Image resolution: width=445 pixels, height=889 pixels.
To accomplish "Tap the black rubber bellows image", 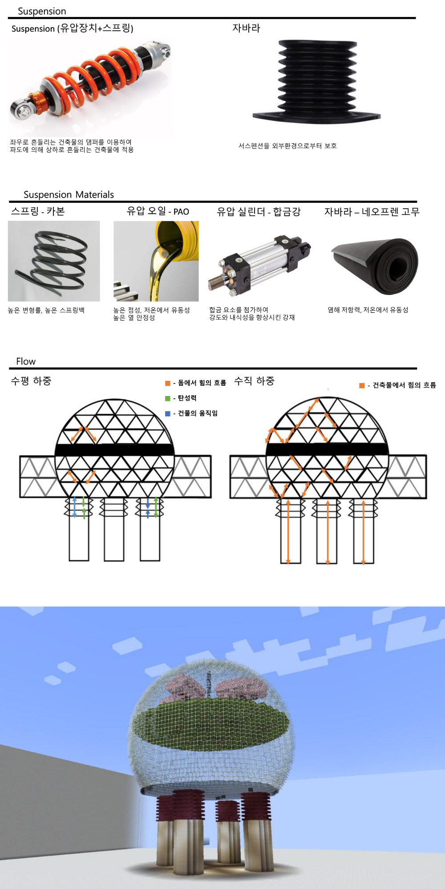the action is click(317, 82).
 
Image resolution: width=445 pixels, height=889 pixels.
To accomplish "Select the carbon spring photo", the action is click(54, 261).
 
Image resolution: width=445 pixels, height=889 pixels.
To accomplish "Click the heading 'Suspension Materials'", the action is click(69, 194).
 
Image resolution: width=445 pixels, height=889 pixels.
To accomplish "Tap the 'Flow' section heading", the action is click(26, 361).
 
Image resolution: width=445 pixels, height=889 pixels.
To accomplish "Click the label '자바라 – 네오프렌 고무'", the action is click(372, 212).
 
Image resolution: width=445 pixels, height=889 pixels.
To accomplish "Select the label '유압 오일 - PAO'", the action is click(158, 211).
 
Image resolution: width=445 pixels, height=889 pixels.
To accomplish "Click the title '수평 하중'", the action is click(31, 381).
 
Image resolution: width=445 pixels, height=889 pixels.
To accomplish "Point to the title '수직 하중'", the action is click(254, 381).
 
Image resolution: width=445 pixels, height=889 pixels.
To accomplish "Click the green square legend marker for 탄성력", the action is click(168, 398).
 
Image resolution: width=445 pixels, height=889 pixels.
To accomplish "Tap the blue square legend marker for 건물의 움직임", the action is click(168, 413).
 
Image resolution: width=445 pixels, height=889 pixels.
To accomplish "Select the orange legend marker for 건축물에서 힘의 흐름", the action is click(362, 385).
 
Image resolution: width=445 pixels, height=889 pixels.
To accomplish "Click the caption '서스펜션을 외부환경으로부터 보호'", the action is click(287, 146).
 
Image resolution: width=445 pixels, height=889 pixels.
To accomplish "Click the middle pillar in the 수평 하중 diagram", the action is click(114, 529).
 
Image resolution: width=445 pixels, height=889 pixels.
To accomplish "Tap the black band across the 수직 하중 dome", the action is click(327, 449).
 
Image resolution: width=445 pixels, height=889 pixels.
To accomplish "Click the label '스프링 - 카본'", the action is click(38, 211).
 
